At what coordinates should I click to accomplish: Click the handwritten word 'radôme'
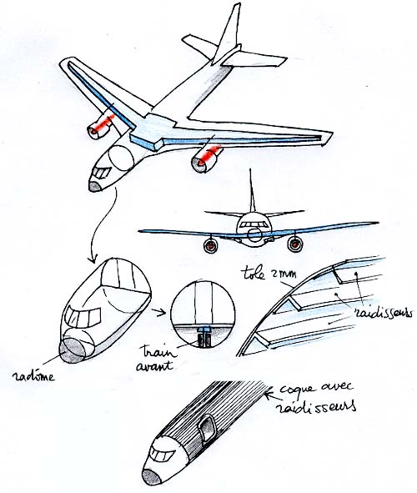pos(33,376)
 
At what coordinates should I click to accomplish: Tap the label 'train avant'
pos(156,358)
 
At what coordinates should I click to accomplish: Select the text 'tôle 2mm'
pos(270,274)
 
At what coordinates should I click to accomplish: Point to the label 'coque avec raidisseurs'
pos(316,397)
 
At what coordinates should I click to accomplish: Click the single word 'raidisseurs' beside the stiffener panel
pos(383,313)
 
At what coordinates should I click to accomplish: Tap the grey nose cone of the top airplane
pos(95,187)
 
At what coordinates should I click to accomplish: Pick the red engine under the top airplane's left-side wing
pos(101,127)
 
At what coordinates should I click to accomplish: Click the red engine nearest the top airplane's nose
pos(207,158)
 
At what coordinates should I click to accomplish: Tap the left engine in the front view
pos(210,245)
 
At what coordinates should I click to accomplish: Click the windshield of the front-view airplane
pos(254,224)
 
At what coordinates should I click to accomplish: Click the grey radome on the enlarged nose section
pos(73,351)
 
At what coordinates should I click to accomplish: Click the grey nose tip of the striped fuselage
pos(153,480)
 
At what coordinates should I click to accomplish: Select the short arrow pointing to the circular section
pos(158,313)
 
